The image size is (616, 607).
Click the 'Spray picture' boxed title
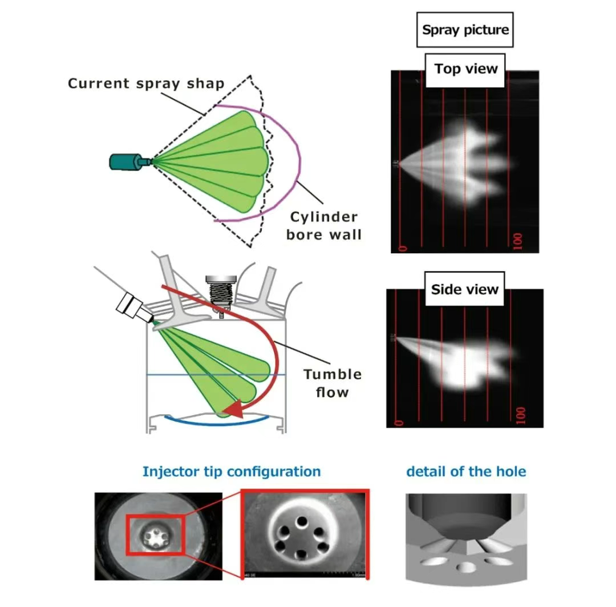[x=465, y=29]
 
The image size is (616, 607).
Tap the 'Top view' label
[x=465, y=70]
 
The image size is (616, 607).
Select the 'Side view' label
[x=464, y=289]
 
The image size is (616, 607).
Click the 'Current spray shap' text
[x=146, y=83]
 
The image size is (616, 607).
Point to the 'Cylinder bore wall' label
[x=324, y=225]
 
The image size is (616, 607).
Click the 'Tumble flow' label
[x=333, y=383]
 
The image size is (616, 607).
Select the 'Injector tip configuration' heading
[x=231, y=472]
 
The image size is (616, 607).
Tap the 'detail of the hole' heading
[x=466, y=472]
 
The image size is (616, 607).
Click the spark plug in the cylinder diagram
[x=220, y=290]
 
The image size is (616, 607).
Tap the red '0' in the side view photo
[x=399, y=422]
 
